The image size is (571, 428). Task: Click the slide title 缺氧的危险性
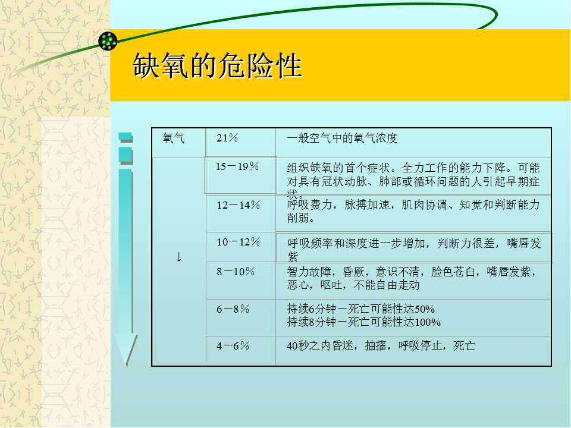click(x=218, y=66)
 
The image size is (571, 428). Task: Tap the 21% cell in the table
click(x=227, y=138)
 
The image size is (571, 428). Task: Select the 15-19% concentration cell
click(x=237, y=166)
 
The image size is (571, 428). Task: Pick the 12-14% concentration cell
click(x=238, y=205)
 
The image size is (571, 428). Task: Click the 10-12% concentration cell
click(x=238, y=242)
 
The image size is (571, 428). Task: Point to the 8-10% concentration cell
click(x=236, y=272)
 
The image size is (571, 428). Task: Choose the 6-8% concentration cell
click(x=233, y=309)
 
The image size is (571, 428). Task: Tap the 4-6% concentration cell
click(x=233, y=346)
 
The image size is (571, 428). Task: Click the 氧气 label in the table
click(x=174, y=139)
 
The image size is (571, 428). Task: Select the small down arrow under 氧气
click(x=178, y=257)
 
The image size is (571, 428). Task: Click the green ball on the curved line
click(x=108, y=41)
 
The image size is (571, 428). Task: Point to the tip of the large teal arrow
click(x=127, y=365)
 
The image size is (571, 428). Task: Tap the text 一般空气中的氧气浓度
click(x=342, y=139)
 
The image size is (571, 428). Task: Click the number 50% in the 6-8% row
click(x=425, y=309)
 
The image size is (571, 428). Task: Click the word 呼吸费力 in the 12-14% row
click(x=309, y=205)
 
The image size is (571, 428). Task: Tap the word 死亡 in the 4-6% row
click(x=465, y=346)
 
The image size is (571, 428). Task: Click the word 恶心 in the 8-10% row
click(x=298, y=285)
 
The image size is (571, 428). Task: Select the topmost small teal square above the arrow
click(x=126, y=137)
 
